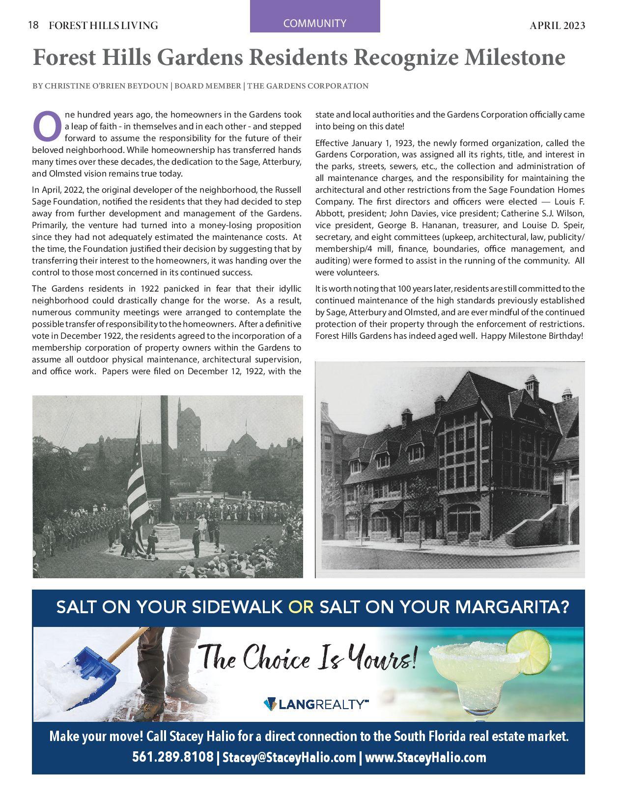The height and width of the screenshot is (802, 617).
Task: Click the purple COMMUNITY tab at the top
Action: coord(314,23)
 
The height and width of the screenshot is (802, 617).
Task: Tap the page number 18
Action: coord(33,25)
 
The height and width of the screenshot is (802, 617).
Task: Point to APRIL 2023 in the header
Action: coord(557,26)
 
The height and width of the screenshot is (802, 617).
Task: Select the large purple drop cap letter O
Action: coord(47,126)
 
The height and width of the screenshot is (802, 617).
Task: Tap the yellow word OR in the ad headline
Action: coord(301,607)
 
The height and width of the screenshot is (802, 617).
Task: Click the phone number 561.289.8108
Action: coord(172,757)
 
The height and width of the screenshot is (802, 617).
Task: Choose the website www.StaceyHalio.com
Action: coord(425,757)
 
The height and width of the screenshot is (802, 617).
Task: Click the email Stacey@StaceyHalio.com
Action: coord(289,757)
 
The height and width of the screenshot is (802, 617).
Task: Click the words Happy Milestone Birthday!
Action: coord(532,336)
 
